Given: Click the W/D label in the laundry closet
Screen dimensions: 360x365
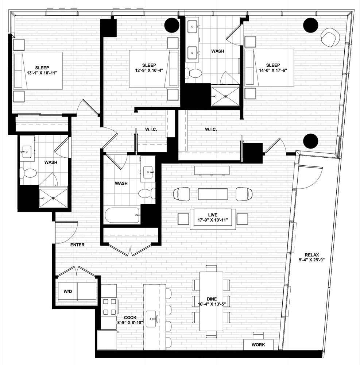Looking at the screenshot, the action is click(x=68, y=291).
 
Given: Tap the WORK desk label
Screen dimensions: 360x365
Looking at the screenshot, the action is click(x=258, y=345).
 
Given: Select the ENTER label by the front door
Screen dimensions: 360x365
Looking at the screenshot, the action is click(x=77, y=245).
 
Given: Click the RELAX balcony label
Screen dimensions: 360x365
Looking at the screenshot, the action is click(x=312, y=255).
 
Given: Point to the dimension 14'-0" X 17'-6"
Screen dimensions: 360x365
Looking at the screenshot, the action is click(x=273, y=70).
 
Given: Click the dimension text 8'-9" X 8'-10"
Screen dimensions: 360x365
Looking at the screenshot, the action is click(x=130, y=322).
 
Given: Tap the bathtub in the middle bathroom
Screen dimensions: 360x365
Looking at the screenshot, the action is click(x=122, y=215).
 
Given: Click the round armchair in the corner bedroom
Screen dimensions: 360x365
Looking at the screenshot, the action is click(x=329, y=37).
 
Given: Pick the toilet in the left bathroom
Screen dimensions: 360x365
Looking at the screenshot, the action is click(x=28, y=173).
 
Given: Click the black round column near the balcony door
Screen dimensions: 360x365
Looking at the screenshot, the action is click(x=311, y=141).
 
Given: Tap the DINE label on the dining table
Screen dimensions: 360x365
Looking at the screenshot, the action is click(x=212, y=299).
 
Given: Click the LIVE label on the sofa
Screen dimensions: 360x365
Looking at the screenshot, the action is click(x=213, y=215).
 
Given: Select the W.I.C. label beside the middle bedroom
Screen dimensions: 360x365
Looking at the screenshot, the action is click(x=151, y=129).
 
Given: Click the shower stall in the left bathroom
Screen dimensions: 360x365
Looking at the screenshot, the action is click(x=53, y=198).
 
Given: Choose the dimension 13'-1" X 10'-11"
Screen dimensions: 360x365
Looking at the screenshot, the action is click(x=42, y=73).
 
